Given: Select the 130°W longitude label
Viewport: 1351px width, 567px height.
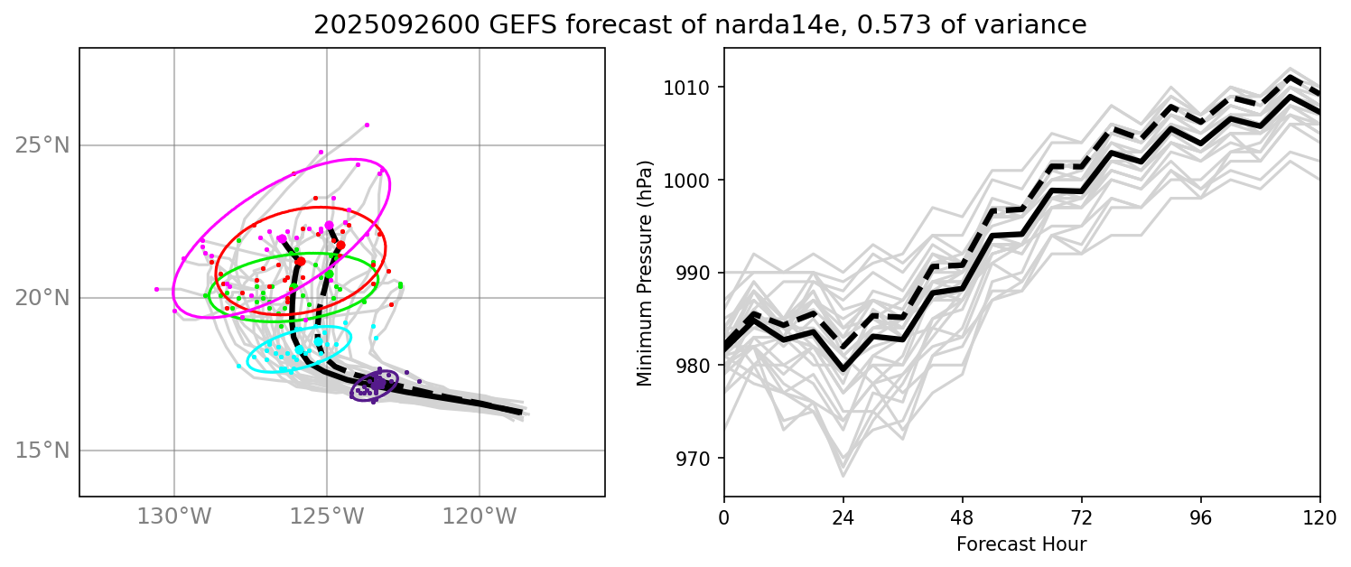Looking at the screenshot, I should (x=173, y=516).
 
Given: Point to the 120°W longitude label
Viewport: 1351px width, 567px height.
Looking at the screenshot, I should (x=479, y=516).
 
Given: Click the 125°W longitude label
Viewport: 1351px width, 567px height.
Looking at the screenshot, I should (x=326, y=516).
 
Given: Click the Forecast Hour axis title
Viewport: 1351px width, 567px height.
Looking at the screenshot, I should (x=1021, y=544).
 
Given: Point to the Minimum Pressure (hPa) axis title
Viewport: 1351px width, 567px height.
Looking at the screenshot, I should (x=645, y=273).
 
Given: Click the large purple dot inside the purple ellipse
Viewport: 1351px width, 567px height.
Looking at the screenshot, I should (x=378, y=385).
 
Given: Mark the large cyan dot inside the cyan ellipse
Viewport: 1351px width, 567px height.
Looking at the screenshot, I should (x=299, y=349).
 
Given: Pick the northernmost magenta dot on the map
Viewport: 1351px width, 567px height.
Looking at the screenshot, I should (x=367, y=125).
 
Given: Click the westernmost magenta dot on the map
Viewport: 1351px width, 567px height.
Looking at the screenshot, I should (x=156, y=289).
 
